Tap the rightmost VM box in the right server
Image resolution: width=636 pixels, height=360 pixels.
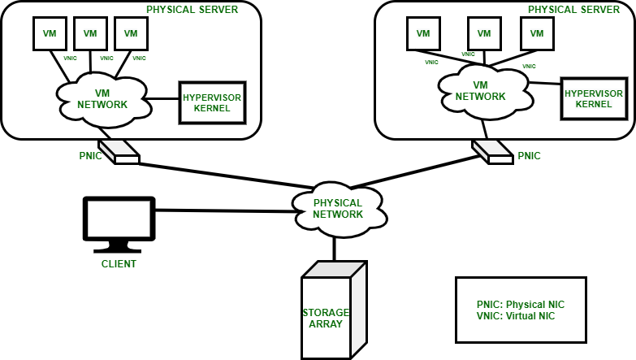[x=536, y=34]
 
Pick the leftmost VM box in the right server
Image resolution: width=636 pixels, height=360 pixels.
[x=422, y=34]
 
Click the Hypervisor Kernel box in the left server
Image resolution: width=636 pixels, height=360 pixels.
[x=212, y=102]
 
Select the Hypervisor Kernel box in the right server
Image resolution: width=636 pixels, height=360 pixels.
[x=587, y=99]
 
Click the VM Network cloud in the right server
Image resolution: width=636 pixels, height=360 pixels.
[x=479, y=90]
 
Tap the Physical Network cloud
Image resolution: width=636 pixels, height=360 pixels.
[x=338, y=208]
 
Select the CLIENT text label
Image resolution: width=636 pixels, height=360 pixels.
[x=119, y=264]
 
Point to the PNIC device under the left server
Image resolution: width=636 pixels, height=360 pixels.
[x=127, y=151]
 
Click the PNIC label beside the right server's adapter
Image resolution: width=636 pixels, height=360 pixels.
[x=529, y=155]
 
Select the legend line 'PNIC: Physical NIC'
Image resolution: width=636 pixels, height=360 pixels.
[x=520, y=304]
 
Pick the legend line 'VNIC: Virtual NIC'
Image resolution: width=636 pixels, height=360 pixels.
[x=517, y=315]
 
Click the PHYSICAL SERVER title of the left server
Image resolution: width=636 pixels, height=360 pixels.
[x=192, y=9]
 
